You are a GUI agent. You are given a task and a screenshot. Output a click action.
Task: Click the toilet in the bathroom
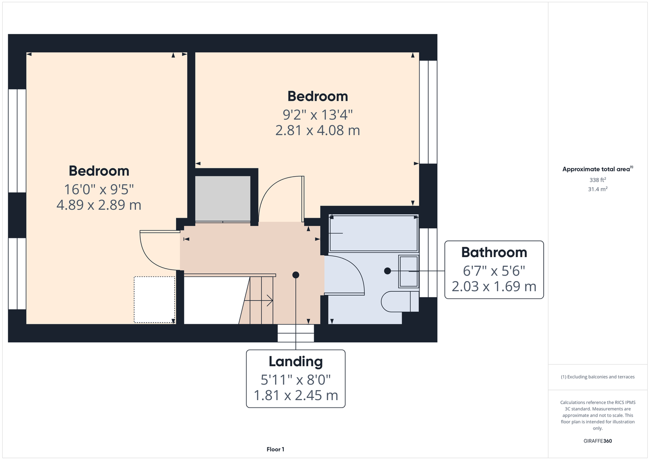[400, 302]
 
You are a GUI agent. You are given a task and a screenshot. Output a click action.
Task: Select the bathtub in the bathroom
[374, 233]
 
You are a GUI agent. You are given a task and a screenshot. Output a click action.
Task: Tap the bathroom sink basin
[408, 271]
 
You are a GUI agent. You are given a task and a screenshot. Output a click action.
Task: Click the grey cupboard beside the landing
[223, 199]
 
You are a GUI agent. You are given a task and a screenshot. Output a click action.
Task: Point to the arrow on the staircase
[258, 301]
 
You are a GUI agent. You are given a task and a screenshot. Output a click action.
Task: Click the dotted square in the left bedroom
[155, 299]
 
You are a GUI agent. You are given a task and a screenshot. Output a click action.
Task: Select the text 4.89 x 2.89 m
[98, 205]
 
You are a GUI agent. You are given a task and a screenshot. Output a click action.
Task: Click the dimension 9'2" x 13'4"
[318, 115]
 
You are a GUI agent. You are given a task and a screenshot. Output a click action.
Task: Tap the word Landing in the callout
[296, 362]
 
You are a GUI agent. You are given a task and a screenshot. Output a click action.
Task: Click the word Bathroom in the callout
[494, 252]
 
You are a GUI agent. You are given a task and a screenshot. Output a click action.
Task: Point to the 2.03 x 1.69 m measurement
[494, 287]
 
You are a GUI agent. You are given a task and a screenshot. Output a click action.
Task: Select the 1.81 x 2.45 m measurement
[296, 395]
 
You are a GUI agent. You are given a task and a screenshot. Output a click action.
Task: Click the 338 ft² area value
[598, 180]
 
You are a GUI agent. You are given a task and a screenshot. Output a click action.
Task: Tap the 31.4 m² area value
[598, 189]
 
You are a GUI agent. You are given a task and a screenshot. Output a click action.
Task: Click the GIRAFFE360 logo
[598, 441]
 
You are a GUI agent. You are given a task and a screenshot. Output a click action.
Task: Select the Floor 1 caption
[276, 449]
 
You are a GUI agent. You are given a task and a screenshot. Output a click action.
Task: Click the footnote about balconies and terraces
[598, 377]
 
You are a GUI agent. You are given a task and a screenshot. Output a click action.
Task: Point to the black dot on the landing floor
[296, 275]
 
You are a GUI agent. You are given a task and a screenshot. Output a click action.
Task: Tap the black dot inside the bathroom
[387, 271]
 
